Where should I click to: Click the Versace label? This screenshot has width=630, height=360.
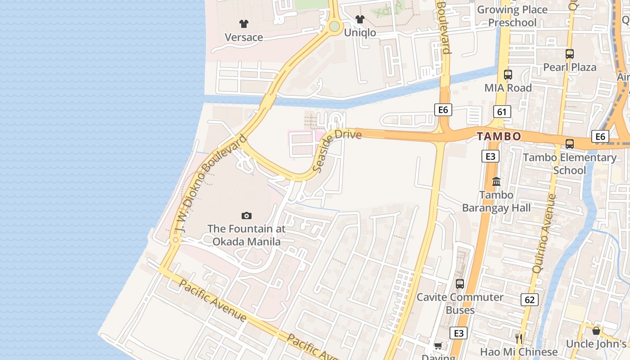(243, 37)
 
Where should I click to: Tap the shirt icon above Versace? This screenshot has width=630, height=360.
(243, 23)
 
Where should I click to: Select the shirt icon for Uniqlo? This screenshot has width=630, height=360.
(360, 19)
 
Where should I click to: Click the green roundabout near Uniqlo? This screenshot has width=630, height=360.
(334, 27)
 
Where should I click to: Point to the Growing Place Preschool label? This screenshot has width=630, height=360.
(512, 16)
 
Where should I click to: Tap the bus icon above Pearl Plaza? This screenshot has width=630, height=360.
(570, 54)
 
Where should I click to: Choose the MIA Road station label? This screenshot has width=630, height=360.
(508, 88)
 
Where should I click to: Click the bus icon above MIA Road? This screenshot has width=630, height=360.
(508, 75)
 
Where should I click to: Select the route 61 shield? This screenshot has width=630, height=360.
(502, 112)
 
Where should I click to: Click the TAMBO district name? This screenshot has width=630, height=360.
(499, 136)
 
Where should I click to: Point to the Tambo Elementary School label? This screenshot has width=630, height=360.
(569, 164)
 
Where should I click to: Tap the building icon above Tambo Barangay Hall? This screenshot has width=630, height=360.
(496, 181)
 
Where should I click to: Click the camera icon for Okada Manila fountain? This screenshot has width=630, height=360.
(246, 216)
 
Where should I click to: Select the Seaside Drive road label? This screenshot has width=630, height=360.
(337, 150)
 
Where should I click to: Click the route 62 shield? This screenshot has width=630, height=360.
(530, 299)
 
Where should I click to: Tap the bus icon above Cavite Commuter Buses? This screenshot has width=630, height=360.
(459, 284)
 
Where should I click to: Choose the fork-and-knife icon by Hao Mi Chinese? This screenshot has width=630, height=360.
(519, 338)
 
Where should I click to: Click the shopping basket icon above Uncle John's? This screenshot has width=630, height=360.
(596, 331)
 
